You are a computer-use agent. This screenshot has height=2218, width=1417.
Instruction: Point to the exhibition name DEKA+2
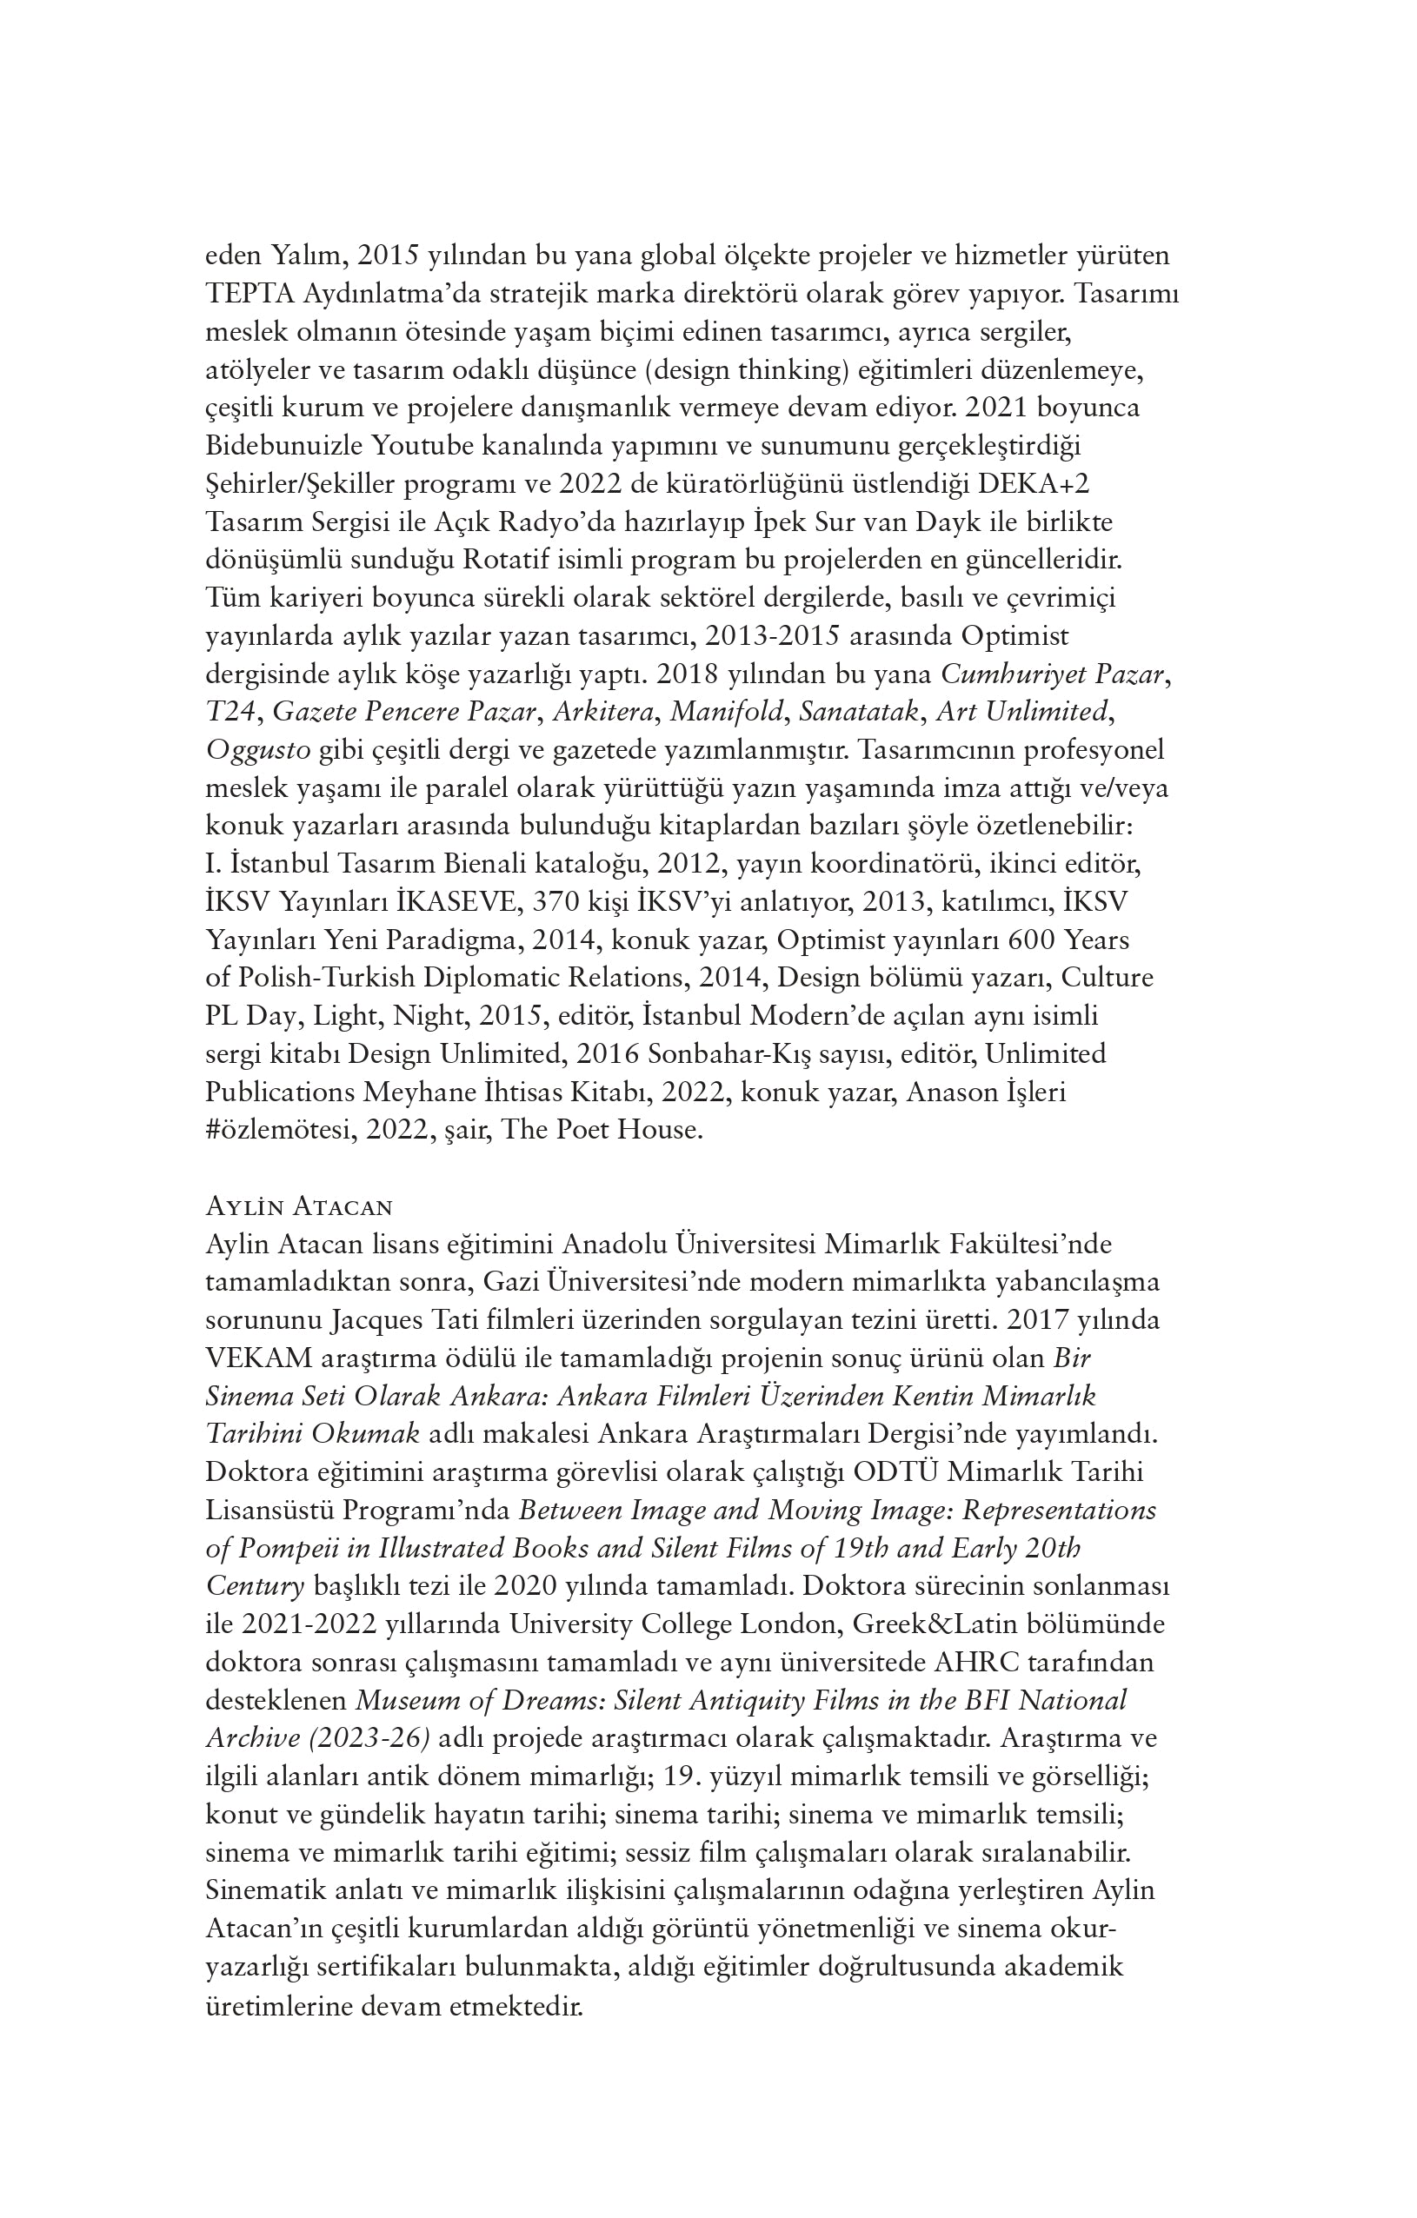[x=1035, y=484]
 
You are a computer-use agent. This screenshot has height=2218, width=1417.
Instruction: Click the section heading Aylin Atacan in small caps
[x=299, y=1206]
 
